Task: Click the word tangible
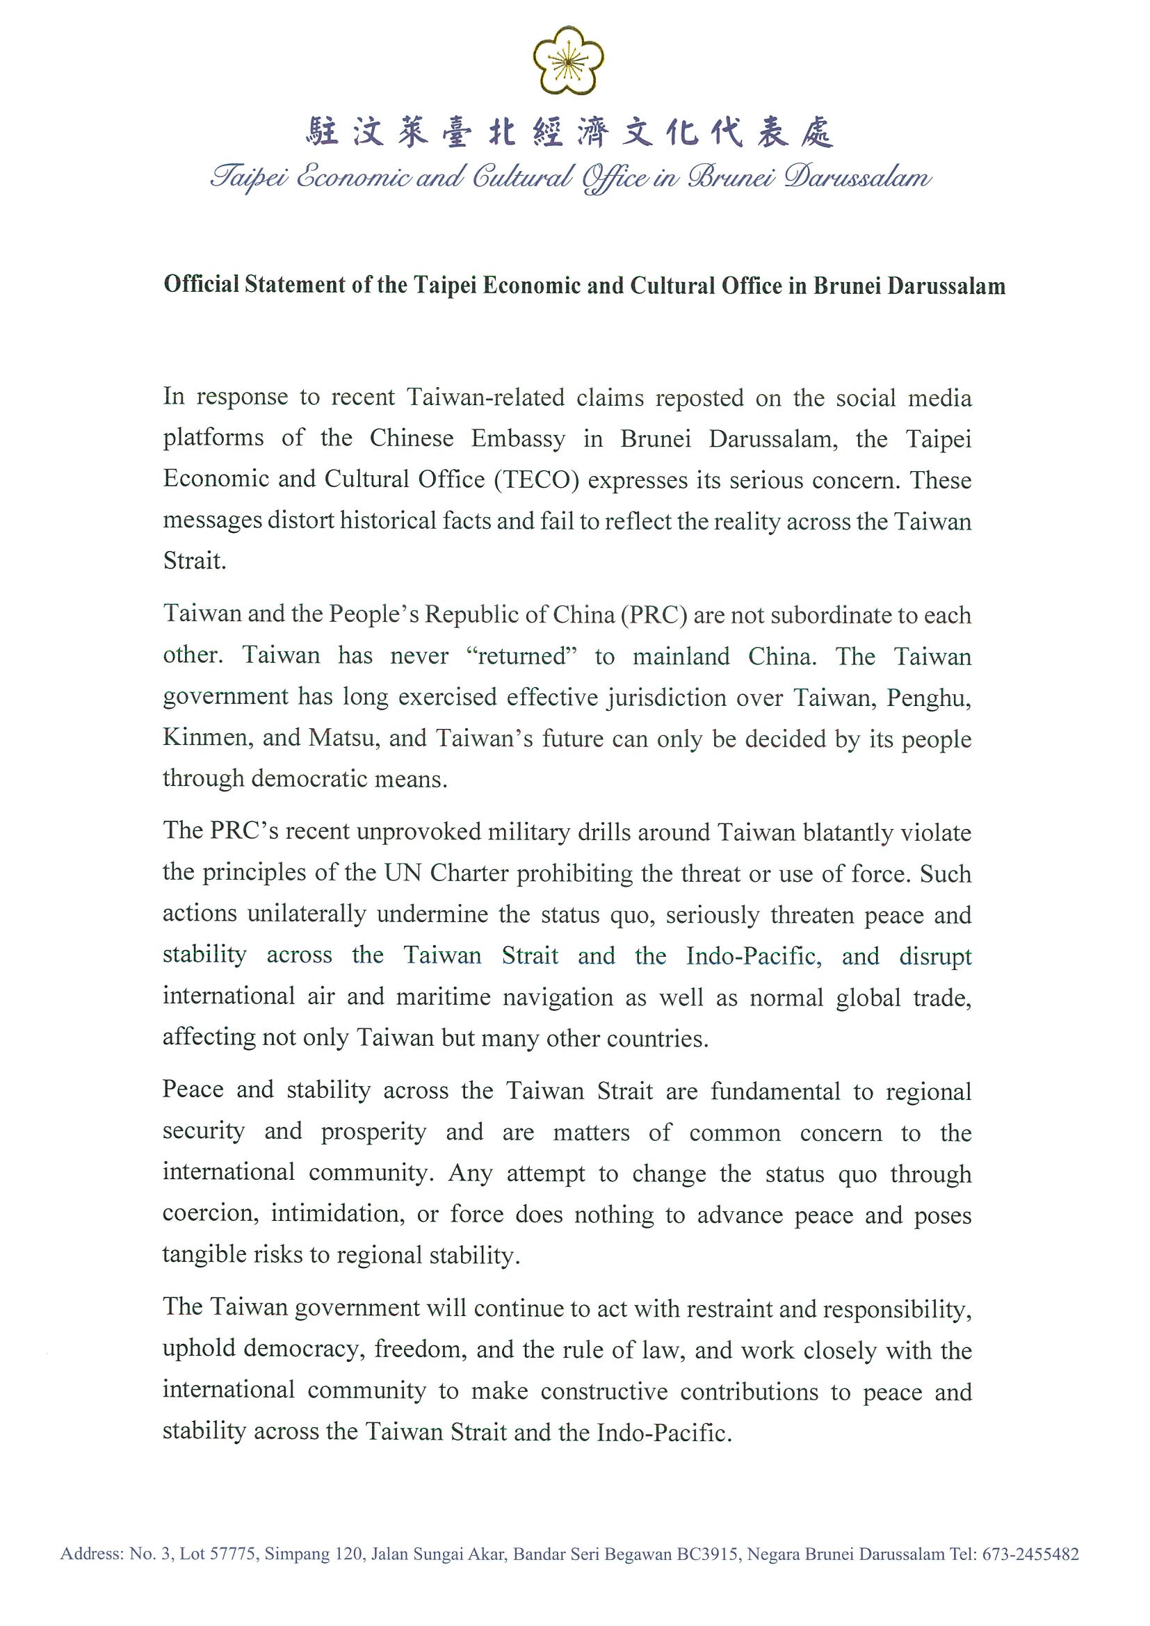pyautogui.click(x=197, y=1255)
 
